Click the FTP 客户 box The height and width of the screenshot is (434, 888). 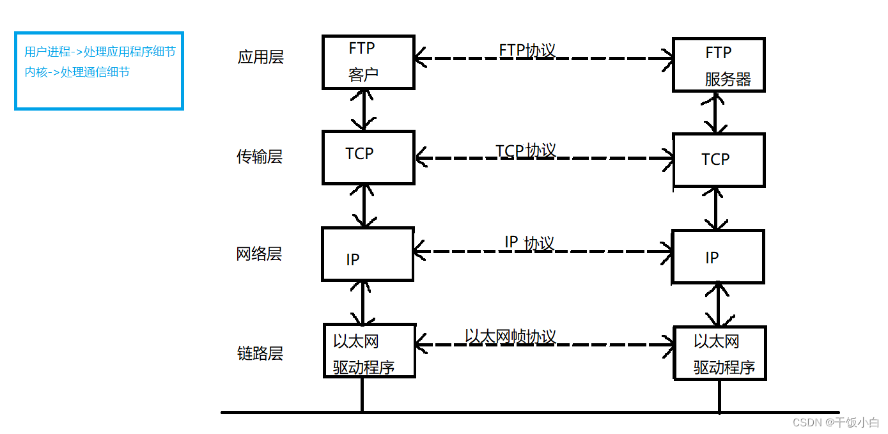coord(368,62)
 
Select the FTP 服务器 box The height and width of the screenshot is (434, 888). coord(718,65)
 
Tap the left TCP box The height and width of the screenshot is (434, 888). coord(368,157)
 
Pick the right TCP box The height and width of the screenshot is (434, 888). coord(719,160)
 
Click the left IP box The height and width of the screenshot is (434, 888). coord(368,254)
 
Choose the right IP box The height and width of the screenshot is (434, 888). coord(717,257)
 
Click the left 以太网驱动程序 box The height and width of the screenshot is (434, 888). coord(369,351)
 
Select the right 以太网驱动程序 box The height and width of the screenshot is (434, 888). coord(719,353)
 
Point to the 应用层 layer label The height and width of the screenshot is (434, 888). coord(260,58)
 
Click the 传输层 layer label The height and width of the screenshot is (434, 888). coord(260,157)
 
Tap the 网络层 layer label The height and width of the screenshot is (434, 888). coord(259,254)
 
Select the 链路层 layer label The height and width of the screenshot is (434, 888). coord(260,353)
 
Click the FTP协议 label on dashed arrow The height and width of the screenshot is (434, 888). coord(527,50)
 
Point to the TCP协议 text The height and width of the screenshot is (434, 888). coord(526,150)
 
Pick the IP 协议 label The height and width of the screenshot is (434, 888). coord(529,243)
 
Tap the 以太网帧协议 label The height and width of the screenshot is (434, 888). coord(510,336)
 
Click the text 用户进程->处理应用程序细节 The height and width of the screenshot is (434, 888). coord(100,52)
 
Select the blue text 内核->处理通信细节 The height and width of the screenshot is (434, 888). coord(77,72)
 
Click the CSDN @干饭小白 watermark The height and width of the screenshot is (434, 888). coord(836,422)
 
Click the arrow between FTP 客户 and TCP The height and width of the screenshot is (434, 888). coord(364,109)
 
